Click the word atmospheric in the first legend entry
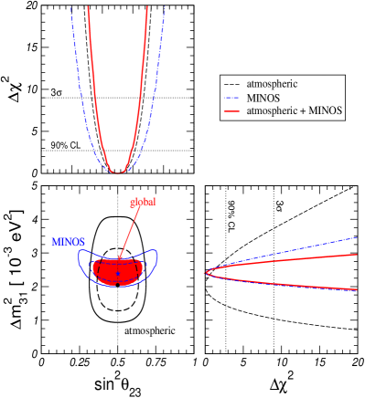pyautogui.click(x=272, y=84)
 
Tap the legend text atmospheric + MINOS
pyautogui.click(x=295, y=110)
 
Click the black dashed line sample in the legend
pyautogui.click(x=231, y=84)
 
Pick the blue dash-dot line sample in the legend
pyautogui.click(x=231, y=97)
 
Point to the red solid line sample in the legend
pyautogui.click(x=231, y=110)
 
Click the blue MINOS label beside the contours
pyautogui.click(x=69, y=242)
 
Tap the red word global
pyautogui.click(x=143, y=202)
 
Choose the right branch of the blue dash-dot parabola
pyautogui.click(x=156, y=91)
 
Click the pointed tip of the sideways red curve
pyautogui.click(x=208, y=271)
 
